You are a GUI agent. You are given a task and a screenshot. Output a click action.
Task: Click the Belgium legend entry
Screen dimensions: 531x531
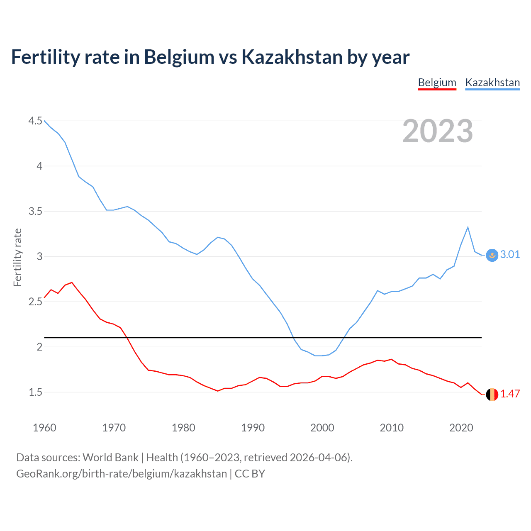(x=437, y=83)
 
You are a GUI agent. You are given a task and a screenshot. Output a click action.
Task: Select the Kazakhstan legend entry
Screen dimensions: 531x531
(x=492, y=83)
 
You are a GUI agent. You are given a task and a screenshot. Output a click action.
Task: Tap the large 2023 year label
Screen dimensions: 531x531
(x=437, y=131)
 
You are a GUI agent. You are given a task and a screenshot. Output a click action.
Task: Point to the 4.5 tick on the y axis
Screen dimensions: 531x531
(x=35, y=121)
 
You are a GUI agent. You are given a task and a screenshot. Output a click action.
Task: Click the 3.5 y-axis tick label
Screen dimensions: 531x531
(x=35, y=211)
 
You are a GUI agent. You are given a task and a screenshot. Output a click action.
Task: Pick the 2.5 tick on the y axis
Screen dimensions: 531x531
(x=35, y=302)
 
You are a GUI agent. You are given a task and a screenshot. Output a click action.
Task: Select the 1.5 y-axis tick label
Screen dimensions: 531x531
(x=35, y=392)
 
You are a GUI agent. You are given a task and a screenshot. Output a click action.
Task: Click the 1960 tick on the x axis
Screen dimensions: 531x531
(x=44, y=428)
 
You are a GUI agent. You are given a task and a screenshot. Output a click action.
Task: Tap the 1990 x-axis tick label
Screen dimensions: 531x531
(x=253, y=428)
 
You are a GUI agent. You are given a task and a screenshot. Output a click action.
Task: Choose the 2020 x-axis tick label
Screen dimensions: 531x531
(x=461, y=428)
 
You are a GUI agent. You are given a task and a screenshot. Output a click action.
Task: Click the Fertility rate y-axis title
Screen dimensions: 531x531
(x=17, y=257)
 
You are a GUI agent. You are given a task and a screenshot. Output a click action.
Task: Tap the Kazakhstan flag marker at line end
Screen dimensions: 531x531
(x=492, y=256)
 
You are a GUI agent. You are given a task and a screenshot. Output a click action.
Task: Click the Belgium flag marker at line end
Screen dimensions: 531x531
(x=492, y=395)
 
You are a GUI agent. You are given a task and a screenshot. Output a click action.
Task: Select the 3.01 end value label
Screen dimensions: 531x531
(x=510, y=254)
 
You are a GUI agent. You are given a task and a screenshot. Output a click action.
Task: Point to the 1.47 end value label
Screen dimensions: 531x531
(x=510, y=394)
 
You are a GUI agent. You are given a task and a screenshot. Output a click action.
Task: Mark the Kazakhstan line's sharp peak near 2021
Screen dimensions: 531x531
(x=468, y=227)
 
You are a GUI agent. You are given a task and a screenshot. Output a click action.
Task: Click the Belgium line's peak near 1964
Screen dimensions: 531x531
(x=72, y=283)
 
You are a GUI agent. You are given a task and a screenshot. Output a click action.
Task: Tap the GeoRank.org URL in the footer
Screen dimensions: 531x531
(x=122, y=474)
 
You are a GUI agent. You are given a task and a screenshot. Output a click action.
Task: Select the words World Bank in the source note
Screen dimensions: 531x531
(x=110, y=458)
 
